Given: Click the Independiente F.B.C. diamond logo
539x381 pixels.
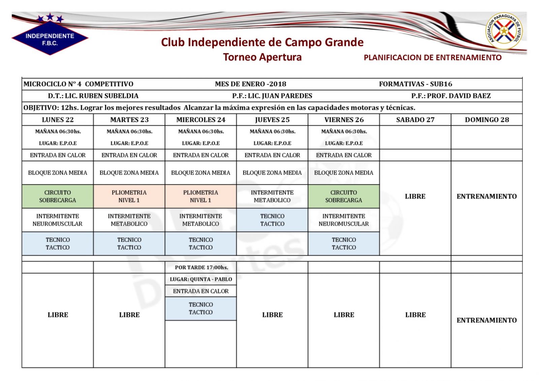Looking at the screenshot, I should (x=50, y=38).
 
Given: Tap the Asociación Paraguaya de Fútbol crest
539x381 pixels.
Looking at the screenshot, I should (x=504, y=31).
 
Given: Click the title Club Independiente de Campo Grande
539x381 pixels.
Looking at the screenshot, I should (x=262, y=42).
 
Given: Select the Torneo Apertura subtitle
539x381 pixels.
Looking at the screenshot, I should (x=262, y=57).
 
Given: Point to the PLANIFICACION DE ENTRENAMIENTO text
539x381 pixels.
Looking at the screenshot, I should (x=433, y=58).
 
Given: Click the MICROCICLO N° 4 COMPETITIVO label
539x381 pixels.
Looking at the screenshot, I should (x=78, y=84).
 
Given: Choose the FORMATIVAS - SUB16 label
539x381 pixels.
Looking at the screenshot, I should (x=415, y=84).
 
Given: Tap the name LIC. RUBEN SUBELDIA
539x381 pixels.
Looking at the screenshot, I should (x=101, y=96).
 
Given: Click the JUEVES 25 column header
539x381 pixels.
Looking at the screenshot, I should (x=272, y=120).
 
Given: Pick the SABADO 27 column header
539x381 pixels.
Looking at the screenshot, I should (x=415, y=120).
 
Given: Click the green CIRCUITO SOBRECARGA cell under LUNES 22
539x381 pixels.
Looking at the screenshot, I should (x=58, y=196).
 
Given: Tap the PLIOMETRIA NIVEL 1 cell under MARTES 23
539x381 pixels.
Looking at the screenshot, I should (x=129, y=196).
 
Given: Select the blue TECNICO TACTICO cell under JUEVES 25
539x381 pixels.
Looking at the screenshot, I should (x=272, y=220).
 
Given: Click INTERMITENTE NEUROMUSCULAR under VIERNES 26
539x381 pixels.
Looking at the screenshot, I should (x=344, y=220).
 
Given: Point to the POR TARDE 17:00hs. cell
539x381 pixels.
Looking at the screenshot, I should (x=201, y=267).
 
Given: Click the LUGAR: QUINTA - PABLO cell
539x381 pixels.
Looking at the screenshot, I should (x=201, y=279).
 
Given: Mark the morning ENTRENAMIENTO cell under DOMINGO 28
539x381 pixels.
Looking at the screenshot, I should (x=486, y=196).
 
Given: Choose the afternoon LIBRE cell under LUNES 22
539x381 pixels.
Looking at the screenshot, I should (x=58, y=315).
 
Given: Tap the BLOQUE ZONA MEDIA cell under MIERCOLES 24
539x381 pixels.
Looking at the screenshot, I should (x=201, y=173).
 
